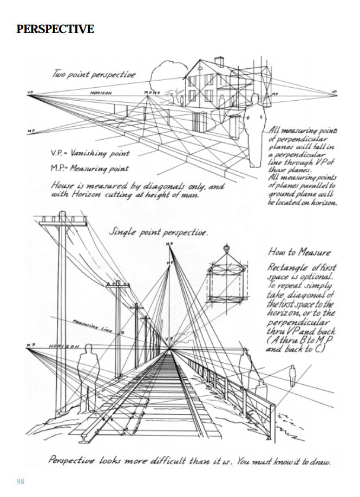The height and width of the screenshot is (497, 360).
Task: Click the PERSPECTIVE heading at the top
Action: coord(55,29)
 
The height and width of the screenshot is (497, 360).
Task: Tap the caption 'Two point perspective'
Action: coord(93,74)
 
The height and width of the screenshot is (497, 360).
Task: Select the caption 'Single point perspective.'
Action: coord(158,232)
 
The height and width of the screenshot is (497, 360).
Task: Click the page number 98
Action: coord(21,481)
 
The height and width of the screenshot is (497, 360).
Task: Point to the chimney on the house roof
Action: coord(219,61)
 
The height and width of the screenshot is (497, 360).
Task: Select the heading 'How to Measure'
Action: coord(299,252)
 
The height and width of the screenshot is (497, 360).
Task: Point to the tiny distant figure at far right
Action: coord(292,374)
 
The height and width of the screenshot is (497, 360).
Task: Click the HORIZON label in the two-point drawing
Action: coord(101,93)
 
